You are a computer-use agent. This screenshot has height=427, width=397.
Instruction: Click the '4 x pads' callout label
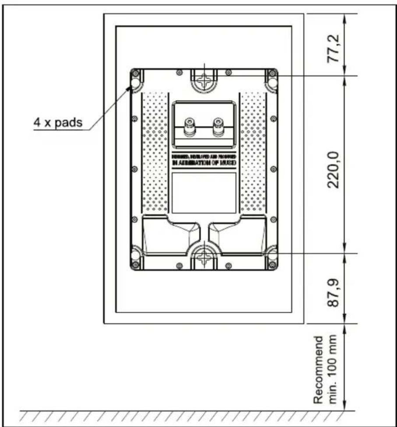[x=58, y=122]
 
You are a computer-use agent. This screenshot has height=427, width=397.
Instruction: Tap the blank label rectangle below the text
[x=204, y=192]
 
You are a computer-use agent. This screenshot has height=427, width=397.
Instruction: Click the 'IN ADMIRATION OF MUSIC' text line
[x=204, y=163]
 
